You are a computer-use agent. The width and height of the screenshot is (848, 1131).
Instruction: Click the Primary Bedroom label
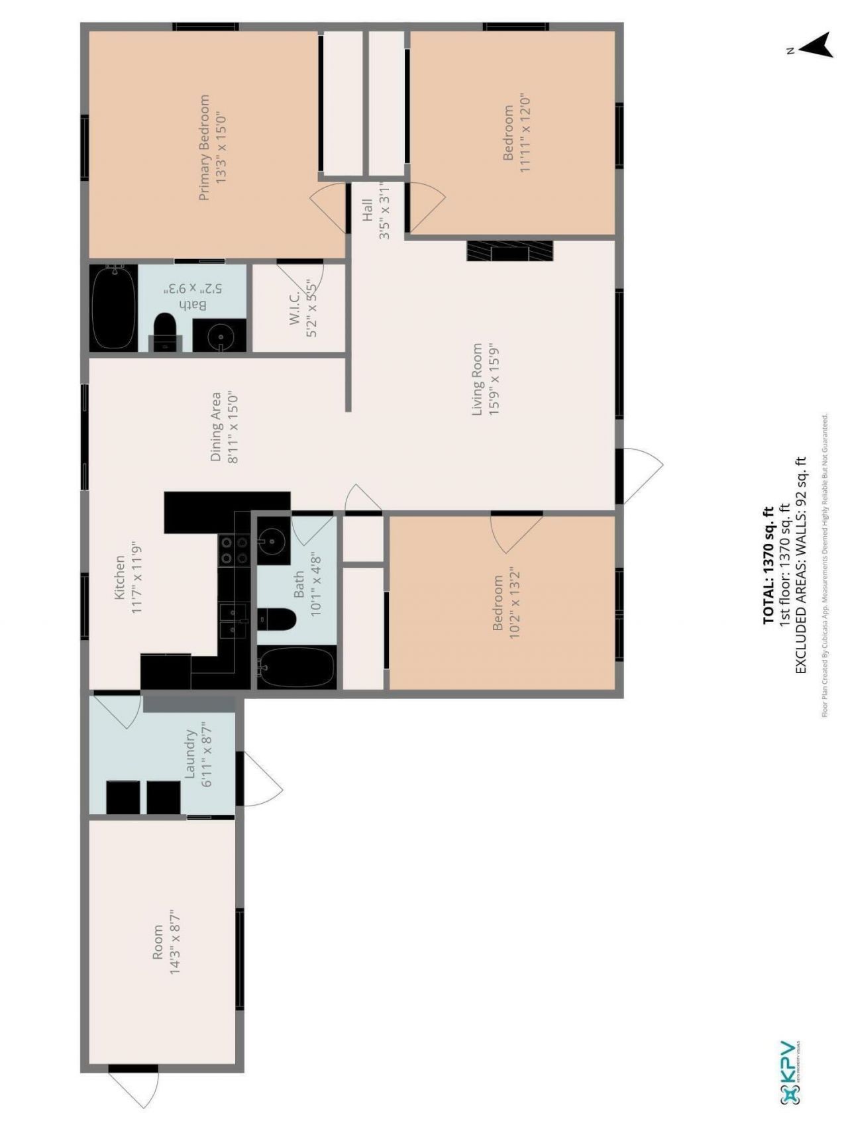coord(205,147)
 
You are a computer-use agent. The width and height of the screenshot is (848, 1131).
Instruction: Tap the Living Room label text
coord(477,380)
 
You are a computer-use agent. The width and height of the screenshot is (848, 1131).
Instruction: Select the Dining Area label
coord(216,427)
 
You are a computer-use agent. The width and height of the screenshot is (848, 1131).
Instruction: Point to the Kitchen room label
coord(120,577)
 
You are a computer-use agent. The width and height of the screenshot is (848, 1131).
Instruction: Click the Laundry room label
coord(190,754)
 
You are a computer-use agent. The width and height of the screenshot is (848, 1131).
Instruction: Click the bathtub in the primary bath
coord(113,308)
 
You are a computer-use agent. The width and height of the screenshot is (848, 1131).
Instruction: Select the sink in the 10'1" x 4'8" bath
coord(270,541)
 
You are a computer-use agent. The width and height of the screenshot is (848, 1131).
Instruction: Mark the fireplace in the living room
coord(509,251)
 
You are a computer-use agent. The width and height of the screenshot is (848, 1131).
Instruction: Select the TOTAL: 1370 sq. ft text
coord(768,565)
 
